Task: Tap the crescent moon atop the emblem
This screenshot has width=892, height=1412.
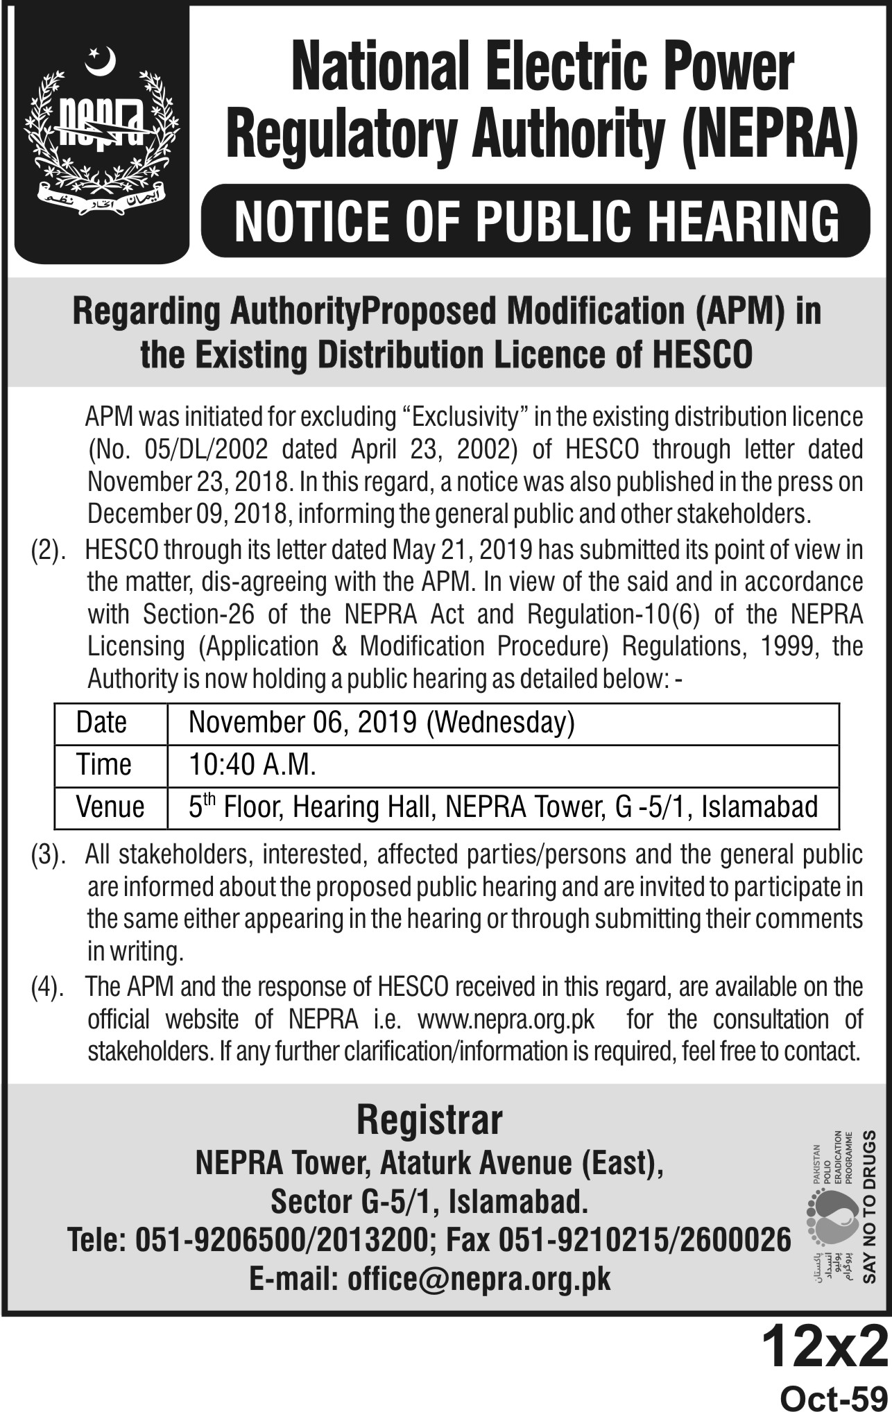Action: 100,60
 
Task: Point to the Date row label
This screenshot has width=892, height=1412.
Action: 101,723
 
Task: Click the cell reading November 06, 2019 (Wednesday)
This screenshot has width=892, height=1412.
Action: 381,723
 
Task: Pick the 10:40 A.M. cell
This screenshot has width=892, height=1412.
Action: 252,765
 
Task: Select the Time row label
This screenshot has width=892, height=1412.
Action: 104,765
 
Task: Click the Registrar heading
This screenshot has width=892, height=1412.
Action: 429,1121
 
